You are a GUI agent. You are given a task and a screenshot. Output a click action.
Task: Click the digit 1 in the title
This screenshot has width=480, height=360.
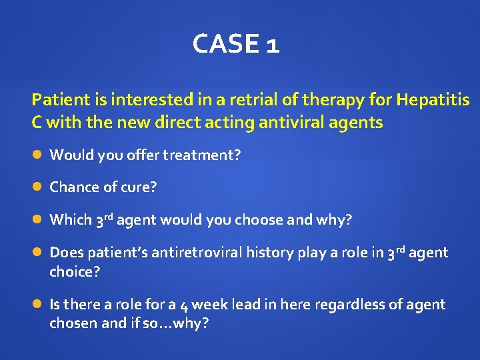272,45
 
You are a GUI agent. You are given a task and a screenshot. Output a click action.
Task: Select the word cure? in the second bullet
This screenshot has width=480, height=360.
139,187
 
